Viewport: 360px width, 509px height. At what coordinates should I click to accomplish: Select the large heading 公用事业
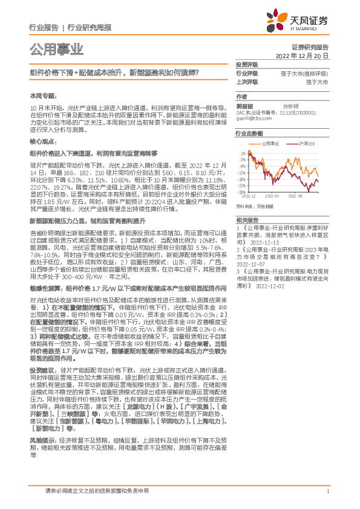tap(56, 48)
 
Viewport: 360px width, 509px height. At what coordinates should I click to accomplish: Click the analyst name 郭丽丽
tap(245, 105)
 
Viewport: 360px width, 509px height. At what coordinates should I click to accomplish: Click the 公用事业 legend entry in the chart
tap(272, 143)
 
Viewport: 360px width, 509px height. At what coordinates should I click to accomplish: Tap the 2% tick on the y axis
tap(243, 154)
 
